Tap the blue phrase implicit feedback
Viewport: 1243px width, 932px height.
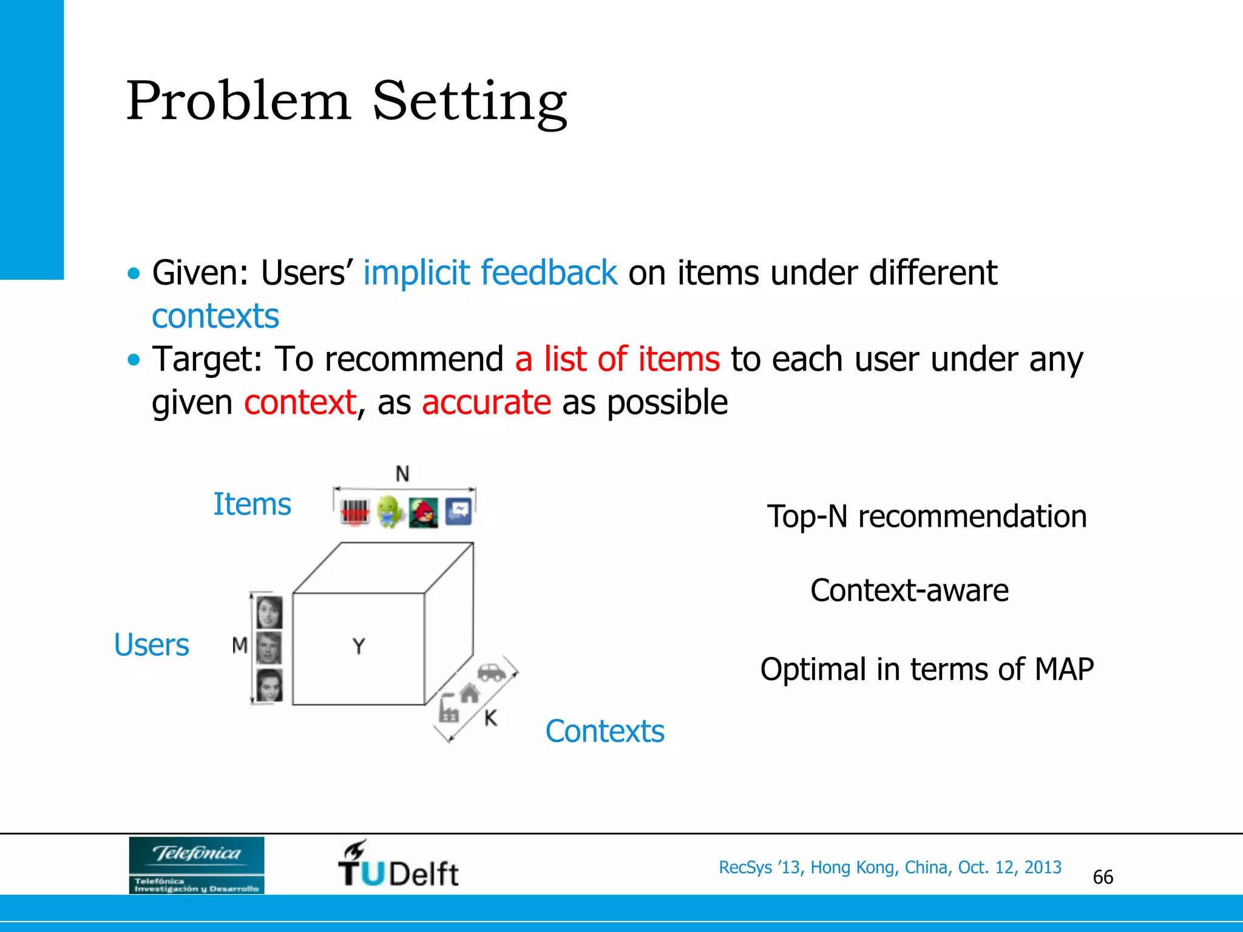(490, 272)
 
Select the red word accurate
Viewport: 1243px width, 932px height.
(486, 402)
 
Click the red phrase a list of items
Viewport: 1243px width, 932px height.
(617, 359)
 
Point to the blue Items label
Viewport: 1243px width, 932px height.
(252, 504)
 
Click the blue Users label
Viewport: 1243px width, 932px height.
(152, 645)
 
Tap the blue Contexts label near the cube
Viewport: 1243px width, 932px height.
(605, 731)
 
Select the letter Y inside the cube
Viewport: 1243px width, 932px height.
(359, 646)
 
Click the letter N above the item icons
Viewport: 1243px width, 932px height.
(402, 474)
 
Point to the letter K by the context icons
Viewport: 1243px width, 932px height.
(490, 718)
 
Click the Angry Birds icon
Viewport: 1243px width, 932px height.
(424, 513)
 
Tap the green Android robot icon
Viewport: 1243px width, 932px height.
(390, 512)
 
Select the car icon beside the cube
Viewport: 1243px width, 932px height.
(492, 672)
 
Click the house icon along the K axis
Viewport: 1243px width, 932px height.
(469, 692)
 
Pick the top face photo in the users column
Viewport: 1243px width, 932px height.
(269, 612)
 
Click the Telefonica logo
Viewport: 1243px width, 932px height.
(196, 865)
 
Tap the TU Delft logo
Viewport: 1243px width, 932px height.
(398, 865)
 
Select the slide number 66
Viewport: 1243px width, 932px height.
(1102, 877)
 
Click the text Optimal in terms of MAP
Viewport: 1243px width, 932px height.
(926, 669)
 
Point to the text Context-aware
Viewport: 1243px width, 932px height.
(909, 590)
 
